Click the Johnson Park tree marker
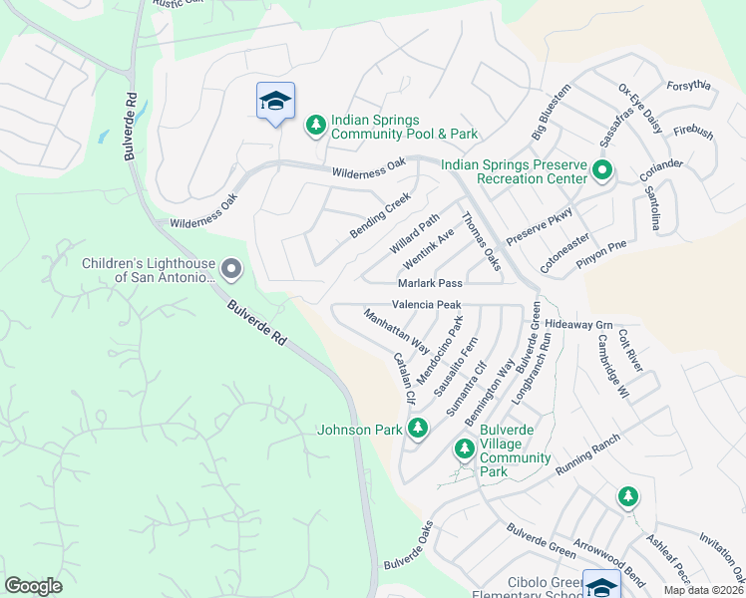418,430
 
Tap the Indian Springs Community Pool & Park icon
316,125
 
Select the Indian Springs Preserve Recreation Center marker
601,170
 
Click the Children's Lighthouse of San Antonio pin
231,269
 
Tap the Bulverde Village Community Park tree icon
464,449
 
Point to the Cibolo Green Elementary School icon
601,587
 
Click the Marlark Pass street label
430,284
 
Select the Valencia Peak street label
426,304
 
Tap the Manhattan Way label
396,332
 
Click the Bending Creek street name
380,215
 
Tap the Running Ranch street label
588,453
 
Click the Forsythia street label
688,86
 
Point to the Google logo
33,586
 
